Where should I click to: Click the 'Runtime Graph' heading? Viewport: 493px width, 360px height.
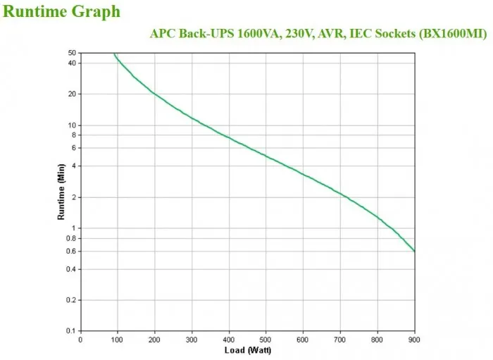(62, 12)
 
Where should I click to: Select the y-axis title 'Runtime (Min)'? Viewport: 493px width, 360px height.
(61, 192)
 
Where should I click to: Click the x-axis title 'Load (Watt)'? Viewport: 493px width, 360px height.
(247, 350)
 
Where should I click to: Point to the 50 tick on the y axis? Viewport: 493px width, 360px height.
(72, 53)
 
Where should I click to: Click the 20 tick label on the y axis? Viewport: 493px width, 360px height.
(72, 94)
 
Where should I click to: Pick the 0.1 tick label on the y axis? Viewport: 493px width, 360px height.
(70, 330)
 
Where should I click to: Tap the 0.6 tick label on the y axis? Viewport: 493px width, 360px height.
(70, 251)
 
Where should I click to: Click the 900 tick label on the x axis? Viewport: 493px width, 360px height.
(415, 339)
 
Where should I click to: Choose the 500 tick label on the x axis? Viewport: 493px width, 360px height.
(266, 339)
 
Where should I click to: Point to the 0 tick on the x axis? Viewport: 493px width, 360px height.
(80, 339)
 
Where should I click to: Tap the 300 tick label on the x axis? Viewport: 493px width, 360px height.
(192, 339)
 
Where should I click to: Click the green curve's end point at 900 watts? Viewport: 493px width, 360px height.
(415, 251)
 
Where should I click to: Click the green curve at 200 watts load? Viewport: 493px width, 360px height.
(154, 93)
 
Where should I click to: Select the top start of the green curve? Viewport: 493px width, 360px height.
(114, 54)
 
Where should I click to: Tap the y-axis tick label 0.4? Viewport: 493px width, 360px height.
(70, 269)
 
